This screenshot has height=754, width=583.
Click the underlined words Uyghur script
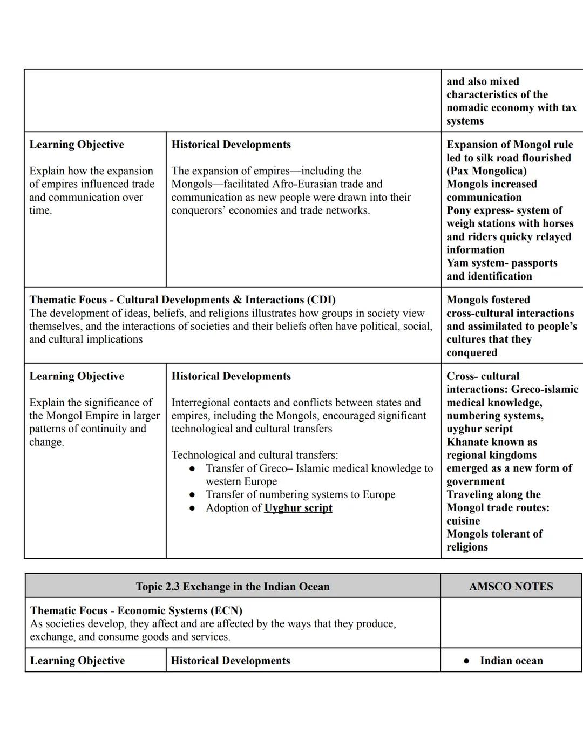(x=298, y=508)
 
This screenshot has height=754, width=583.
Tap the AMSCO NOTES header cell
(x=511, y=587)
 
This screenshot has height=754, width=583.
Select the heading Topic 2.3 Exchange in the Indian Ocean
(x=233, y=587)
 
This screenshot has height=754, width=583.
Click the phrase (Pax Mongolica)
(x=486, y=171)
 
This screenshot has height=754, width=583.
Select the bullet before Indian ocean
(x=466, y=661)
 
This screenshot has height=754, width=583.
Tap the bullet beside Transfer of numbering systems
(x=192, y=495)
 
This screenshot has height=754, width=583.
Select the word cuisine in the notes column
(x=463, y=521)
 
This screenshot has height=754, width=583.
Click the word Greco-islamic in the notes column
(x=544, y=390)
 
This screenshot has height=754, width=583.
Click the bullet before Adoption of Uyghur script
(x=192, y=508)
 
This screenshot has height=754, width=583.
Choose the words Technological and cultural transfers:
(x=255, y=455)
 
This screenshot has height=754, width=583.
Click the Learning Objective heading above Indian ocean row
(x=77, y=661)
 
